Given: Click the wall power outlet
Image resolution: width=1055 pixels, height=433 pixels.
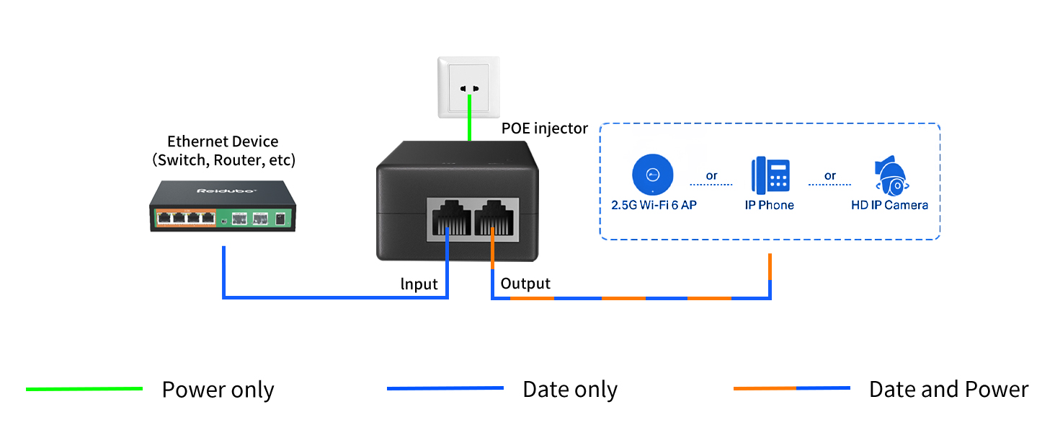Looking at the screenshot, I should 468,87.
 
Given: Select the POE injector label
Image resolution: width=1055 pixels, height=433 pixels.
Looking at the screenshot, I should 545,128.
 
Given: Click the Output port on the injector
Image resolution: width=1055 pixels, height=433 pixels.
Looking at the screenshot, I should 496,217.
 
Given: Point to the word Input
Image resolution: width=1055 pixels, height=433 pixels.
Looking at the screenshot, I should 419,284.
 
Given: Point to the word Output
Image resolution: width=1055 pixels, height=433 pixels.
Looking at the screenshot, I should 525,284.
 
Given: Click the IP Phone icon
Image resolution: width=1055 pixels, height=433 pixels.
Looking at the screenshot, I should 769,175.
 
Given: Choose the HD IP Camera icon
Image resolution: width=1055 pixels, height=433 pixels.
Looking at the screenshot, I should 890,176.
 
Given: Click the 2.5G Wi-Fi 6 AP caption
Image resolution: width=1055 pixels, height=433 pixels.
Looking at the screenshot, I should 653,205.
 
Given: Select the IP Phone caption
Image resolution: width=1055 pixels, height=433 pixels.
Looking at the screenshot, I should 769,205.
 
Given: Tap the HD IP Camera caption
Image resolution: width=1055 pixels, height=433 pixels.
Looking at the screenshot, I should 889,205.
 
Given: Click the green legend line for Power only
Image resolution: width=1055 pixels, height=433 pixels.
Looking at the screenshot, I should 84,389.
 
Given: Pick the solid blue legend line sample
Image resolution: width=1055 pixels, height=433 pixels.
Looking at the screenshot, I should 445,388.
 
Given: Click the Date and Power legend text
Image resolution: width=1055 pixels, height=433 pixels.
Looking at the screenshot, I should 948,390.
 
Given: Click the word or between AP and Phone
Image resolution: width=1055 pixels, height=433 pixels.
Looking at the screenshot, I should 711,175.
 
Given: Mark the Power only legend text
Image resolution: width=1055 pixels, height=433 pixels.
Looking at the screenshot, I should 218,390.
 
